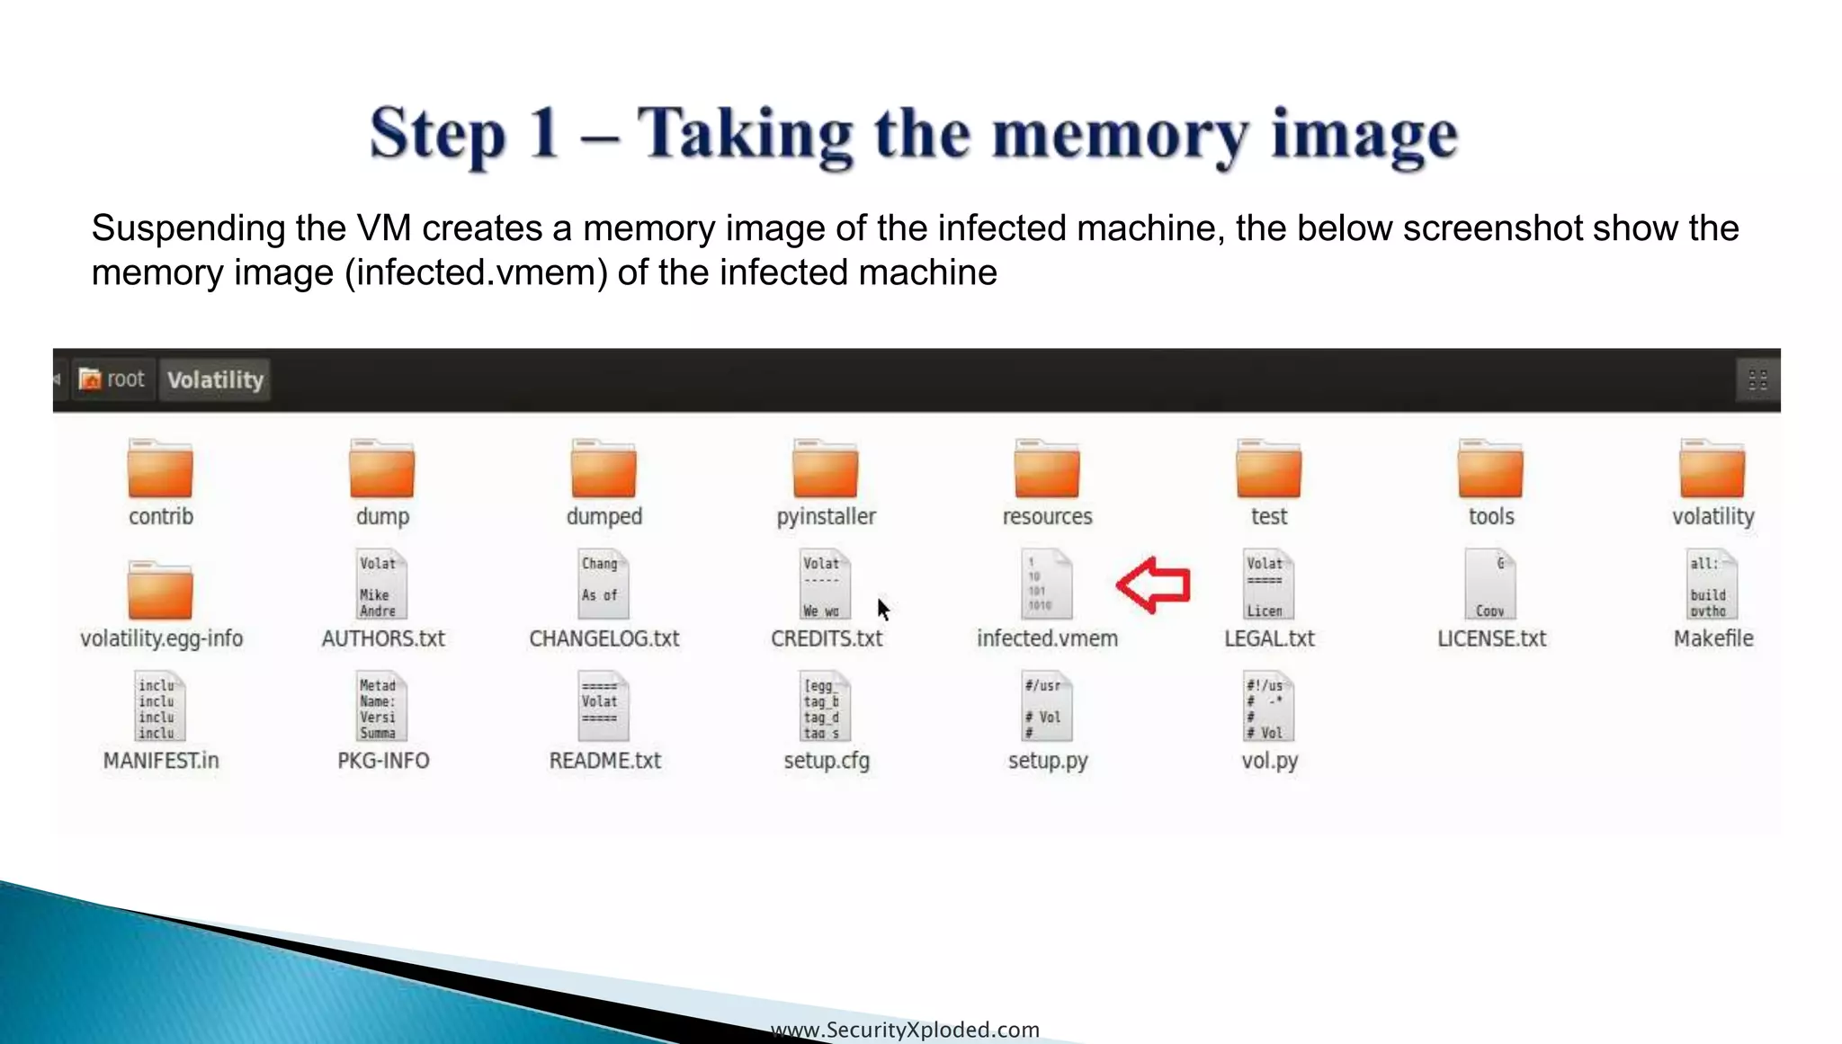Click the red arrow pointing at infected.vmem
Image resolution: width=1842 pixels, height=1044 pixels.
pos(1154,585)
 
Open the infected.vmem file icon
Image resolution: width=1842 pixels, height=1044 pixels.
pos(1047,585)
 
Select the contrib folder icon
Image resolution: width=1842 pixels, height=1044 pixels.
pos(160,468)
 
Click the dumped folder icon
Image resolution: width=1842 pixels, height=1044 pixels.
pos(604,468)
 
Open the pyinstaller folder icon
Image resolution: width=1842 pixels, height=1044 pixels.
pos(826,468)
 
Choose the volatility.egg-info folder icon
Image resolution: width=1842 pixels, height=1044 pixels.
pos(160,591)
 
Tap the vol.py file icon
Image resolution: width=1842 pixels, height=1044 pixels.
pos(1268,707)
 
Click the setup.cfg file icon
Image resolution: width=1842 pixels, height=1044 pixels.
pos(826,707)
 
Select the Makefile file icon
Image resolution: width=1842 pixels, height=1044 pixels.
pos(1712,585)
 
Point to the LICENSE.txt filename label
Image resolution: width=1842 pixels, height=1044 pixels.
pos(1491,638)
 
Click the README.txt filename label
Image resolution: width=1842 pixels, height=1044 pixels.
pos(604,761)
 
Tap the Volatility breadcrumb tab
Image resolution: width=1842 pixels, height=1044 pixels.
pos(215,379)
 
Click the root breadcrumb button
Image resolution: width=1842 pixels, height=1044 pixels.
pos(112,379)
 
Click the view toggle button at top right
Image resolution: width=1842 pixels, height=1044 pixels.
pos(1757,379)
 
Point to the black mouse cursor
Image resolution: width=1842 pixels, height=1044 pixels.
pos(882,609)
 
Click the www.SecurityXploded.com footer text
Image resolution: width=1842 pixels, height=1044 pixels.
pos(905,1030)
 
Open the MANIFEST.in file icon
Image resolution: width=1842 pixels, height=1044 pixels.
pos(160,707)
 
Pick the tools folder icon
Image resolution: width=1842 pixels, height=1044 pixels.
pos(1490,468)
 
